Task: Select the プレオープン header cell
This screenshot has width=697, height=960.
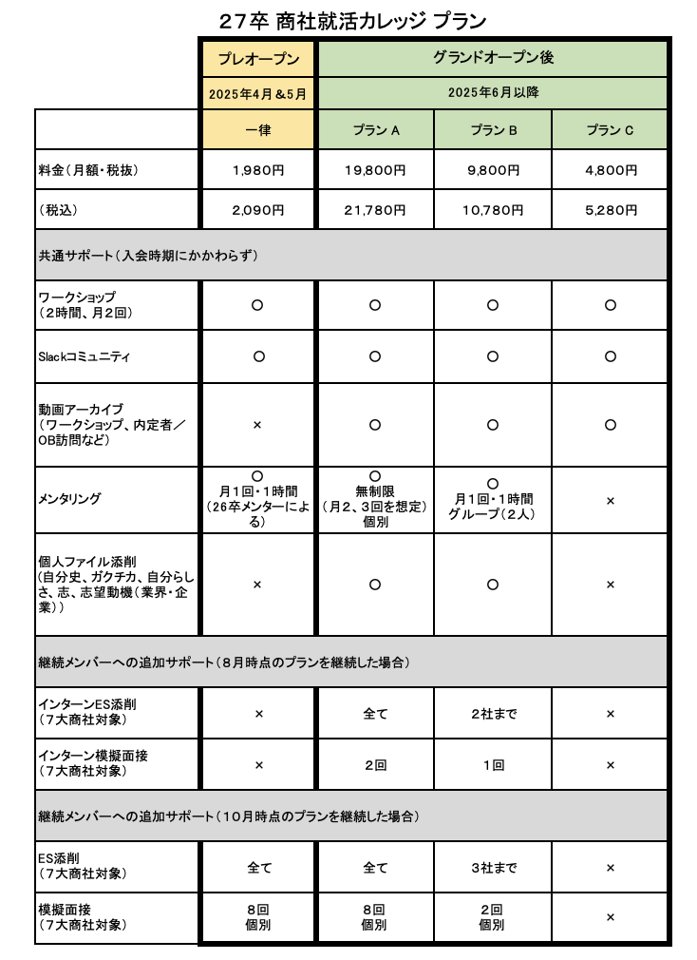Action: [257, 58]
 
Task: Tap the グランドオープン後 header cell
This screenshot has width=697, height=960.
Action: [493, 57]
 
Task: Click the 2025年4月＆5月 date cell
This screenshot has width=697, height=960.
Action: [257, 94]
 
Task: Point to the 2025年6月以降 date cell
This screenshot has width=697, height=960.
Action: [493, 93]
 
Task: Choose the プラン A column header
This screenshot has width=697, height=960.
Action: [375, 130]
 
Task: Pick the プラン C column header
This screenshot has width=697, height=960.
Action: [610, 130]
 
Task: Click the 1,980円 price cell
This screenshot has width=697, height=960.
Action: [257, 170]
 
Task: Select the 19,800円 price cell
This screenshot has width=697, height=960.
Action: [375, 170]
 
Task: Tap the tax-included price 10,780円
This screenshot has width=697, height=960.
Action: [492, 209]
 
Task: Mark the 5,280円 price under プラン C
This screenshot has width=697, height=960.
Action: [610, 209]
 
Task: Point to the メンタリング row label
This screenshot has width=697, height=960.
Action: [69, 499]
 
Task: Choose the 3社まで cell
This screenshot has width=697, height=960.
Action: [492, 867]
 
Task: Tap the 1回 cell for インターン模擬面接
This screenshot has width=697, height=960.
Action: [492, 764]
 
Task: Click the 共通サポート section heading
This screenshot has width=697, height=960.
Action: [147, 256]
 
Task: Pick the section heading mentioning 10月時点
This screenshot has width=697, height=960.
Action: [228, 816]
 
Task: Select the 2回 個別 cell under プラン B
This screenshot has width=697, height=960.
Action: [492, 917]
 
